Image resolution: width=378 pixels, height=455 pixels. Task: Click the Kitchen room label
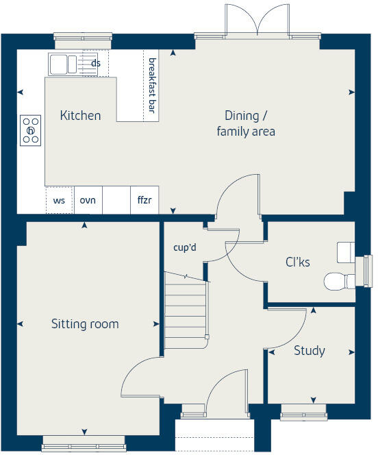click(80, 115)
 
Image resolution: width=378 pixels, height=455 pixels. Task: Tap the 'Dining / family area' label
click(246, 123)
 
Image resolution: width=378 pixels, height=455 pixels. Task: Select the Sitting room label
click(85, 323)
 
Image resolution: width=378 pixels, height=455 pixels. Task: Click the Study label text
click(309, 351)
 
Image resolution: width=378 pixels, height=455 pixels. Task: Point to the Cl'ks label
click(298, 262)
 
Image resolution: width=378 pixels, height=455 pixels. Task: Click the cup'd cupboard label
click(185, 247)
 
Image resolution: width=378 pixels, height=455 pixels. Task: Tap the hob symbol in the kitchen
click(31, 130)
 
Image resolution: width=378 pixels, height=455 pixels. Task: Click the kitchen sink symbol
click(63, 64)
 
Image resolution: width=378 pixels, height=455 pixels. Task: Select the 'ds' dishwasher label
click(96, 64)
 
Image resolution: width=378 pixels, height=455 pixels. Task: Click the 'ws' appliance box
click(59, 201)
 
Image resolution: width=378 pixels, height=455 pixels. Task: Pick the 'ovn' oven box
click(88, 201)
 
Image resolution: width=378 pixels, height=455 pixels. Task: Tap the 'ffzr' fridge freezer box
click(144, 201)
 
